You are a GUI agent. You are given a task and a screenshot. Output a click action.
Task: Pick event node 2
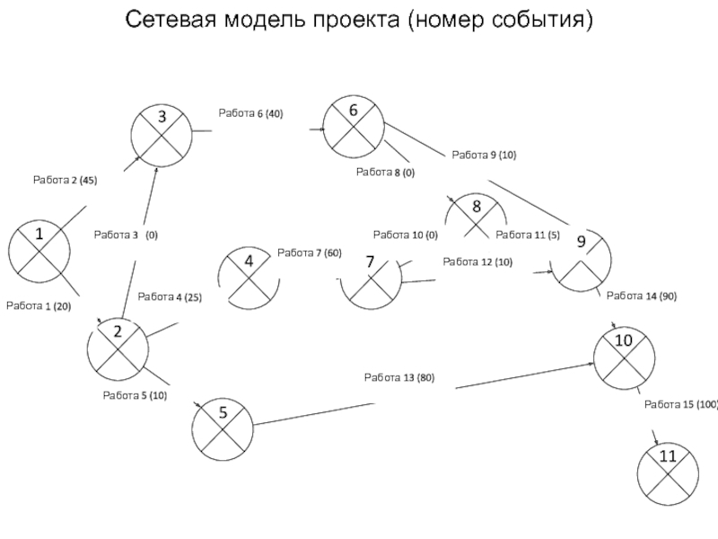click(x=118, y=347)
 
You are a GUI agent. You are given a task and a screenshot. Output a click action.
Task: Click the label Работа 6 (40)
click(x=250, y=114)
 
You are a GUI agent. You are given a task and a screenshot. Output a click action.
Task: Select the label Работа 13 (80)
click(x=399, y=377)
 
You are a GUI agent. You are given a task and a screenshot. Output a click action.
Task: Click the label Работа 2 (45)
click(x=65, y=181)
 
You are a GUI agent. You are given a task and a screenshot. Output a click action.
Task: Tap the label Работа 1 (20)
click(x=39, y=306)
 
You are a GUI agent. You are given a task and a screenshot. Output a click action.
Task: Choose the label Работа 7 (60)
click(x=310, y=252)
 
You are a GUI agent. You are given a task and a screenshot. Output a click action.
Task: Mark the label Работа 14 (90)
click(x=642, y=296)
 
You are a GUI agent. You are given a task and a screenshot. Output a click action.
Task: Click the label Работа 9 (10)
click(x=484, y=155)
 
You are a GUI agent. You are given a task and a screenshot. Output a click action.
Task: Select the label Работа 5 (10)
click(x=135, y=395)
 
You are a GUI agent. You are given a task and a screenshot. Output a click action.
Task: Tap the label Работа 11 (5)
click(x=528, y=234)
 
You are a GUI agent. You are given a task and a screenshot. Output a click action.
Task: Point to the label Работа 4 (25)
click(x=170, y=296)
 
